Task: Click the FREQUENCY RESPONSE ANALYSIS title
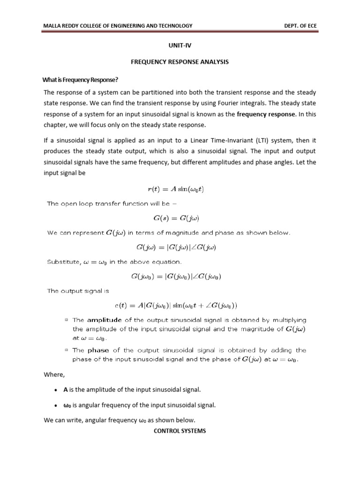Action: point(180,62)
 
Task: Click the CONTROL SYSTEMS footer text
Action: point(180,430)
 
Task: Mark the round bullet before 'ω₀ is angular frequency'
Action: point(56,405)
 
